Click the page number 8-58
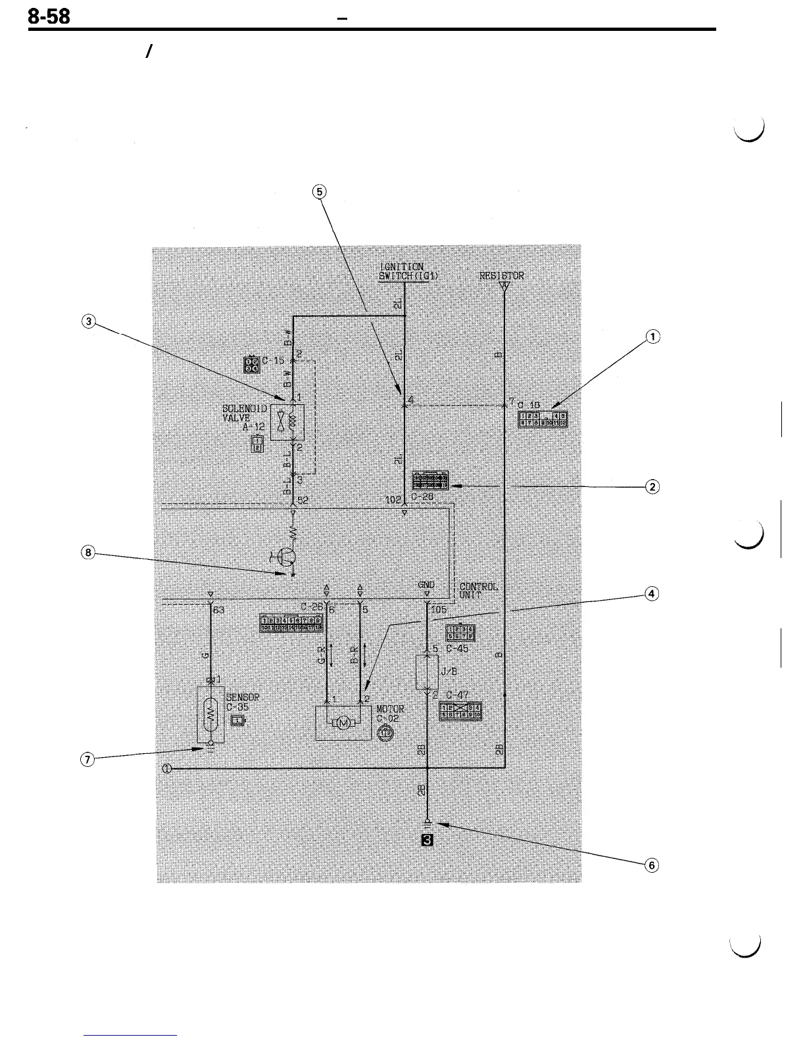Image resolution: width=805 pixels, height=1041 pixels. pyautogui.click(x=49, y=17)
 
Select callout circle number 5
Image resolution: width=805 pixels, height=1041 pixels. pyautogui.click(x=319, y=191)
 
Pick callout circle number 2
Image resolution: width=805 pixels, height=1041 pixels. pyautogui.click(x=652, y=487)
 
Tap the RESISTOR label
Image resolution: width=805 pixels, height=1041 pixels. pyautogui.click(x=502, y=276)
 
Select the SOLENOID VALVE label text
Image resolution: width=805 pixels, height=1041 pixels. pyautogui.click(x=245, y=413)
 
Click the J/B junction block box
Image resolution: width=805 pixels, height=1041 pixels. pyautogui.click(x=427, y=671)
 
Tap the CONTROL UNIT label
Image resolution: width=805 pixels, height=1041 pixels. pyautogui.click(x=477, y=590)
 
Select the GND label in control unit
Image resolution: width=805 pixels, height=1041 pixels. pyautogui.click(x=426, y=584)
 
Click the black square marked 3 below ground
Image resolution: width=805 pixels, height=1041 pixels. pyautogui.click(x=427, y=840)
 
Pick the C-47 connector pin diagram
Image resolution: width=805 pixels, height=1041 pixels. pyautogui.click(x=461, y=710)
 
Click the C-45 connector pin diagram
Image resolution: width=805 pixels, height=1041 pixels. pyautogui.click(x=460, y=632)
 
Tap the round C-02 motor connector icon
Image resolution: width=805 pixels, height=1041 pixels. pyautogui.click(x=386, y=731)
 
